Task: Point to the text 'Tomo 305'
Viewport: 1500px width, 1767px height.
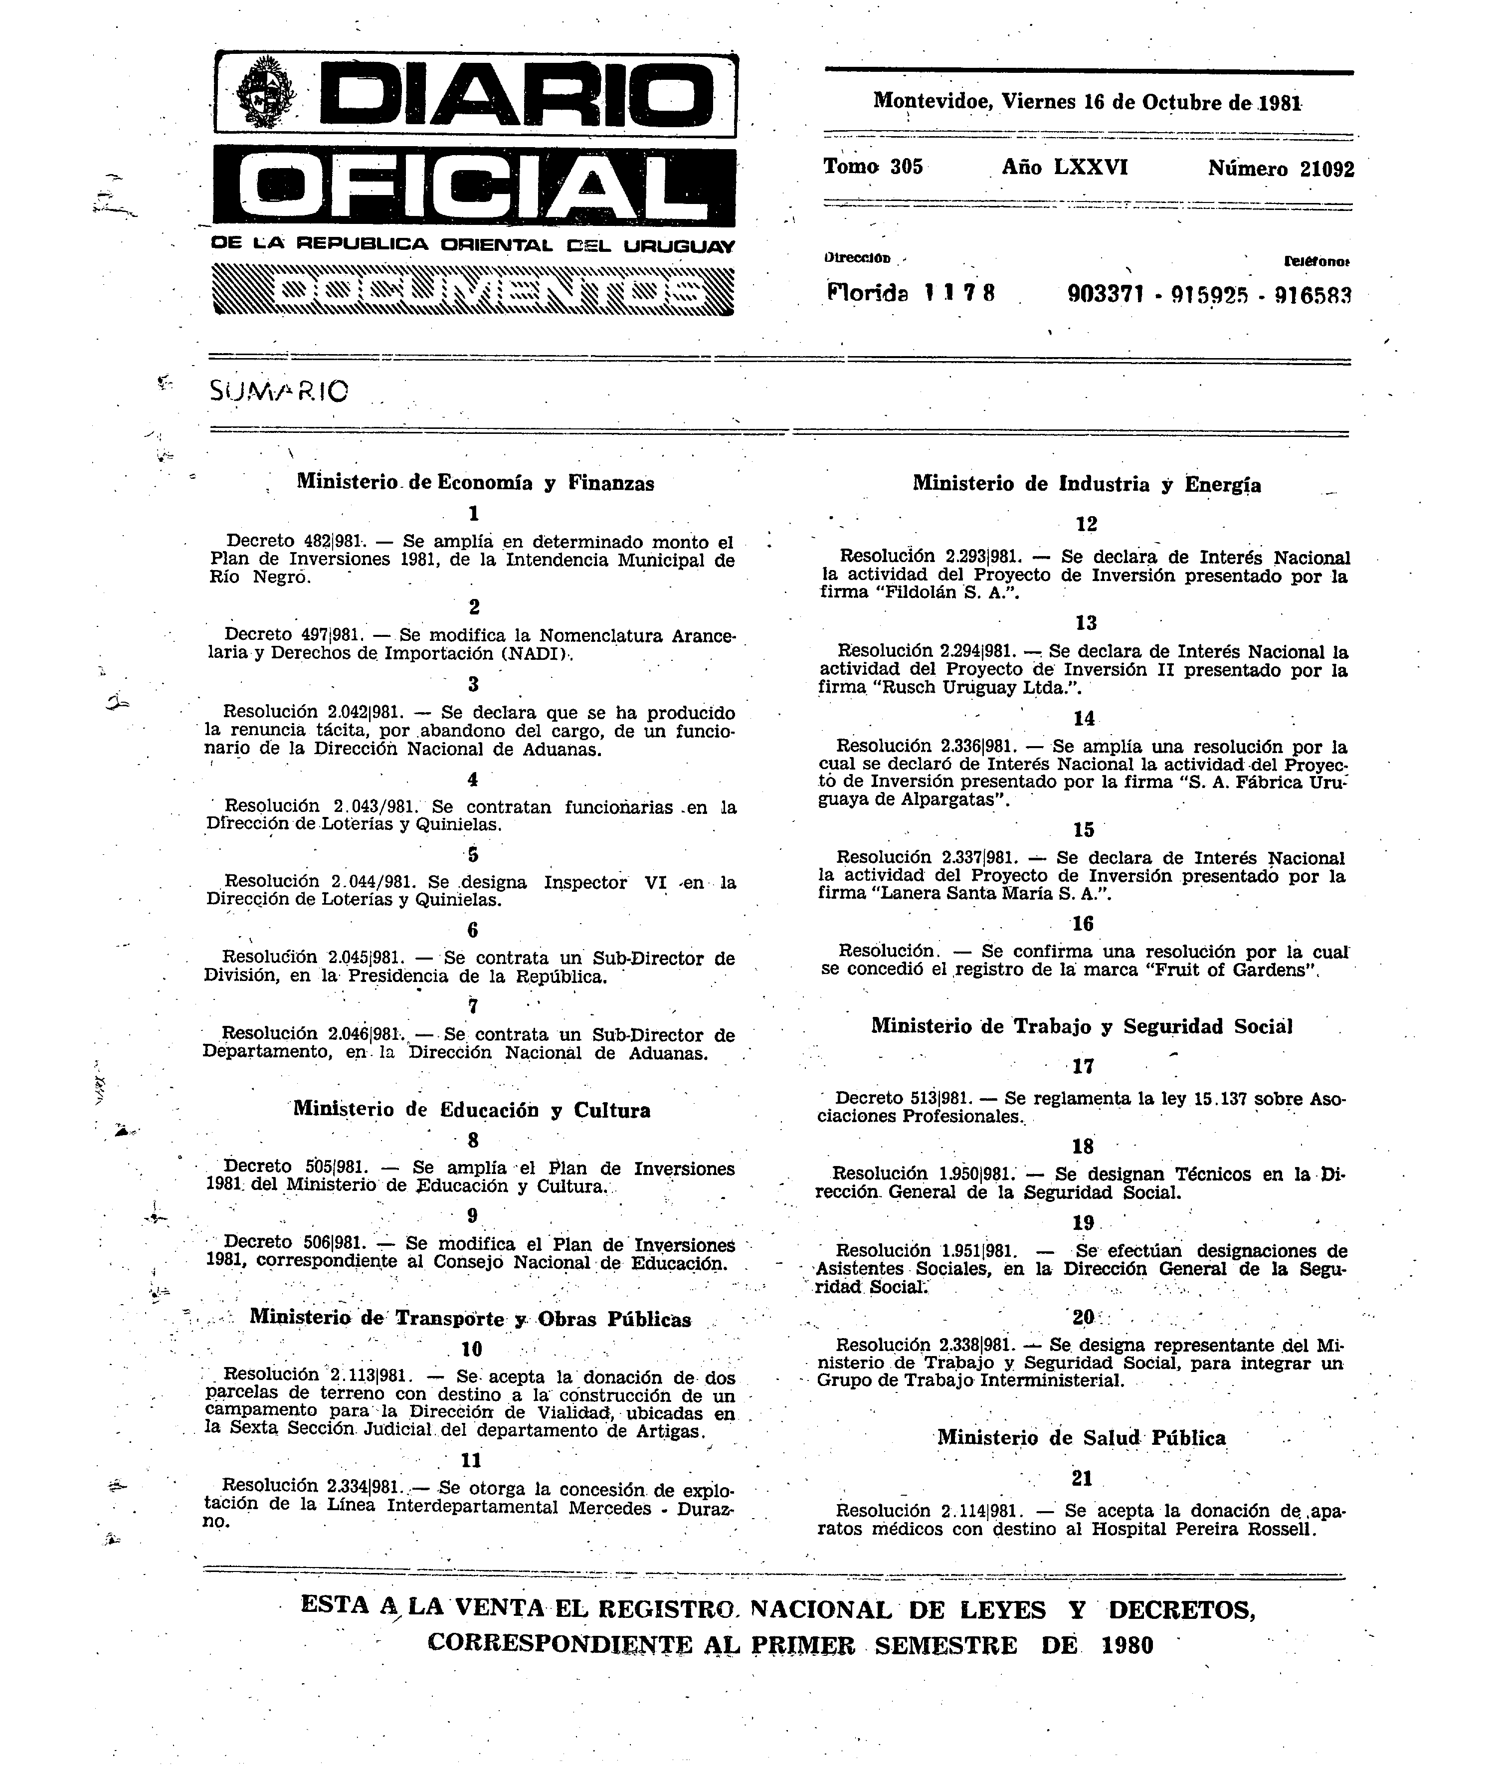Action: point(873,167)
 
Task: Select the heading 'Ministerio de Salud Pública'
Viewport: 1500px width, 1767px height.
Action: point(1082,1438)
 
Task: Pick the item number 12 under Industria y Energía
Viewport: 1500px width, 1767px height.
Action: point(1086,524)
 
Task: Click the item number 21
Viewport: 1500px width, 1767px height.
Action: point(1082,1479)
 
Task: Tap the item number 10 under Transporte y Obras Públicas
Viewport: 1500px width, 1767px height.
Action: point(471,1350)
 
